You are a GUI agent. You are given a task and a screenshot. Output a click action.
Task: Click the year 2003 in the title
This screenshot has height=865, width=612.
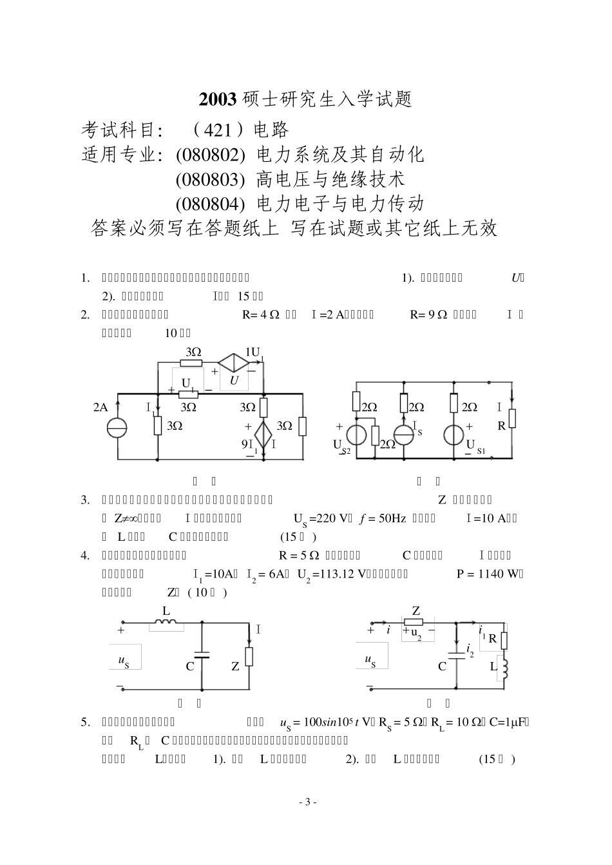218,99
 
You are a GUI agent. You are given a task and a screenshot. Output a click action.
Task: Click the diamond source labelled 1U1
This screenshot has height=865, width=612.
234,362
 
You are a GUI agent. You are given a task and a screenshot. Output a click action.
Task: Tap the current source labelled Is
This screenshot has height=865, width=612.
404,434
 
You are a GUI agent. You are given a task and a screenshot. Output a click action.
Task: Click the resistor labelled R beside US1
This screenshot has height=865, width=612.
512,418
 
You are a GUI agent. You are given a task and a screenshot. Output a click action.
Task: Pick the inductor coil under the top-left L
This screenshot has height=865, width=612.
166,623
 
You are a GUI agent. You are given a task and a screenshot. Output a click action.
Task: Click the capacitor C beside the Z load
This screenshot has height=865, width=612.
202,654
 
